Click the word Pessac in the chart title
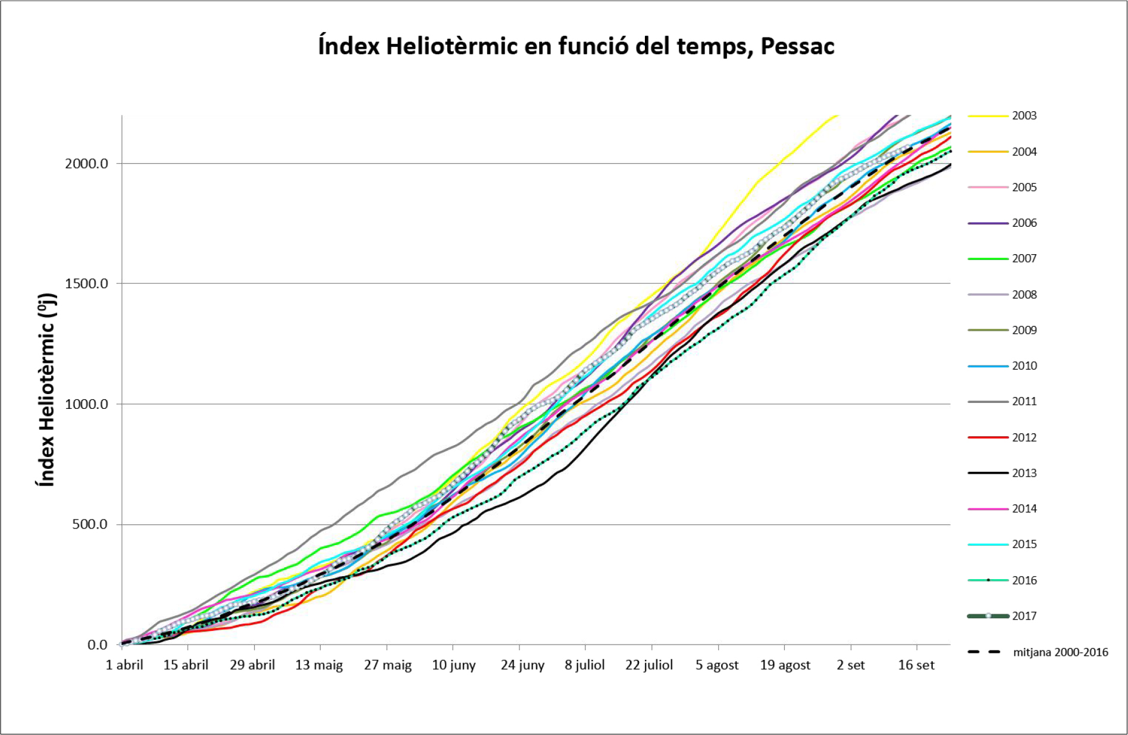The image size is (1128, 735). pos(797,46)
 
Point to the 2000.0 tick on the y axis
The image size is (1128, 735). pos(86,164)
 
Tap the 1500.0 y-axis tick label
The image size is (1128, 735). pos(86,284)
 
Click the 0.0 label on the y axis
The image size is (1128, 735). pos(97,645)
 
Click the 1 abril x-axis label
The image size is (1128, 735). pos(124,665)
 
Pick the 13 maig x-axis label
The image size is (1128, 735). pos(319,665)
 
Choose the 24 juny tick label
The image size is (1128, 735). pos(522,665)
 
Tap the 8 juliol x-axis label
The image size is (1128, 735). pos(584,665)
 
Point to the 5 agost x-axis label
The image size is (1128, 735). pos(717,665)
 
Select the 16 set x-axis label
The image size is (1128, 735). pos(916,665)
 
